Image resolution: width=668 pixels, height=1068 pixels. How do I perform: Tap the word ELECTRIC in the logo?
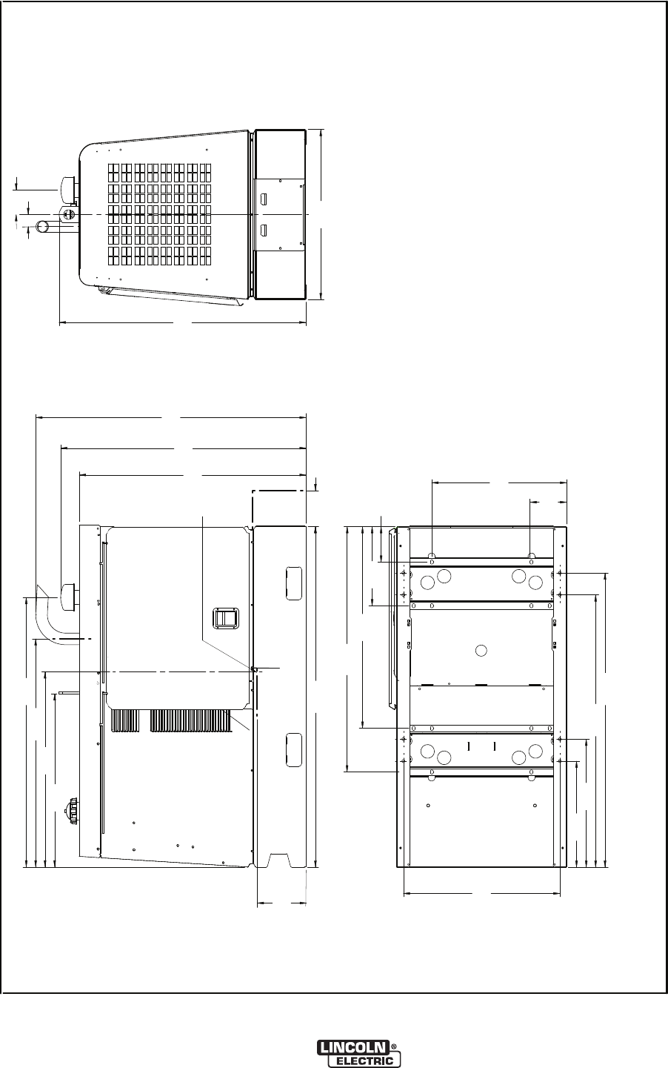click(x=365, y=1060)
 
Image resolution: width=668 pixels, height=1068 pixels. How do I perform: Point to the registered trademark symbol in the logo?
click(x=393, y=1044)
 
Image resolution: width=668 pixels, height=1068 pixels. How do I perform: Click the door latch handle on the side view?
click(x=221, y=618)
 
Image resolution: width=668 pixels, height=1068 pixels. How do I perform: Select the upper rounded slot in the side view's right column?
click(x=294, y=583)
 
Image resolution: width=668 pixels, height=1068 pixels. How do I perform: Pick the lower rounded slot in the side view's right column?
click(x=294, y=750)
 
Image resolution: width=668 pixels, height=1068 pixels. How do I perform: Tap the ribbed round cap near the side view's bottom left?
click(x=73, y=810)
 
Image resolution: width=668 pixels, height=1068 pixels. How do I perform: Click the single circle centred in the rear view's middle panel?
click(x=481, y=650)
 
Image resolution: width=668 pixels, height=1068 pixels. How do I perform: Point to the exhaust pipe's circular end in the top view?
click(x=44, y=227)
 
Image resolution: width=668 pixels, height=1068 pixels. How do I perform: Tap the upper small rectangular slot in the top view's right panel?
click(x=264, y=198)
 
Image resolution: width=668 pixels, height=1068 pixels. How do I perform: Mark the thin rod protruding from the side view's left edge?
click(x=69, y=692)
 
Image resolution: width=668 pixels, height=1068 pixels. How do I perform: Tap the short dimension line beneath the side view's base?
click(x=281, y=903)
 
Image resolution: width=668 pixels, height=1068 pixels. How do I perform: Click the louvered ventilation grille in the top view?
click(x=160, y=214)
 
